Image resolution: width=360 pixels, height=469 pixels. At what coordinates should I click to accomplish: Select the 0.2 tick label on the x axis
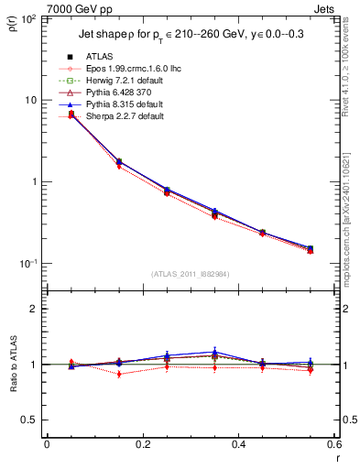142,444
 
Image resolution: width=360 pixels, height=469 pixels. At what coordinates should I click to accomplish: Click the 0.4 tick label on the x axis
238,444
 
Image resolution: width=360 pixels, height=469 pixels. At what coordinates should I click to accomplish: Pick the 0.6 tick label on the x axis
333,444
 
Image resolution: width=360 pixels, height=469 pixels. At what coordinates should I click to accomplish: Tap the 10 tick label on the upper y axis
29,100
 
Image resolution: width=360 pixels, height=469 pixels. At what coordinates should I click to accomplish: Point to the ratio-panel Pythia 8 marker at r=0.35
214,352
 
